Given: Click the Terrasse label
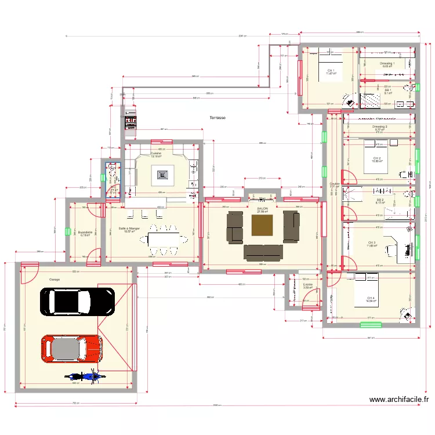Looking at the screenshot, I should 218,118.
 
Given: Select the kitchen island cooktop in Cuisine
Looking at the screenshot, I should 162,172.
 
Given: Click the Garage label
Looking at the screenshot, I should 55,278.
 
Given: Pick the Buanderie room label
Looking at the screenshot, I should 86,233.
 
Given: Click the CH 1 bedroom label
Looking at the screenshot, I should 331,71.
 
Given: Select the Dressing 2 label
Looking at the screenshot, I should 380,126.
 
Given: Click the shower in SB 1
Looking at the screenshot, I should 370,101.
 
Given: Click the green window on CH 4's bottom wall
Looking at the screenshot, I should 371,325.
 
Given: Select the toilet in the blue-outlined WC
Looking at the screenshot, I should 113,169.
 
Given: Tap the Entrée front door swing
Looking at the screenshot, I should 312,299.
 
